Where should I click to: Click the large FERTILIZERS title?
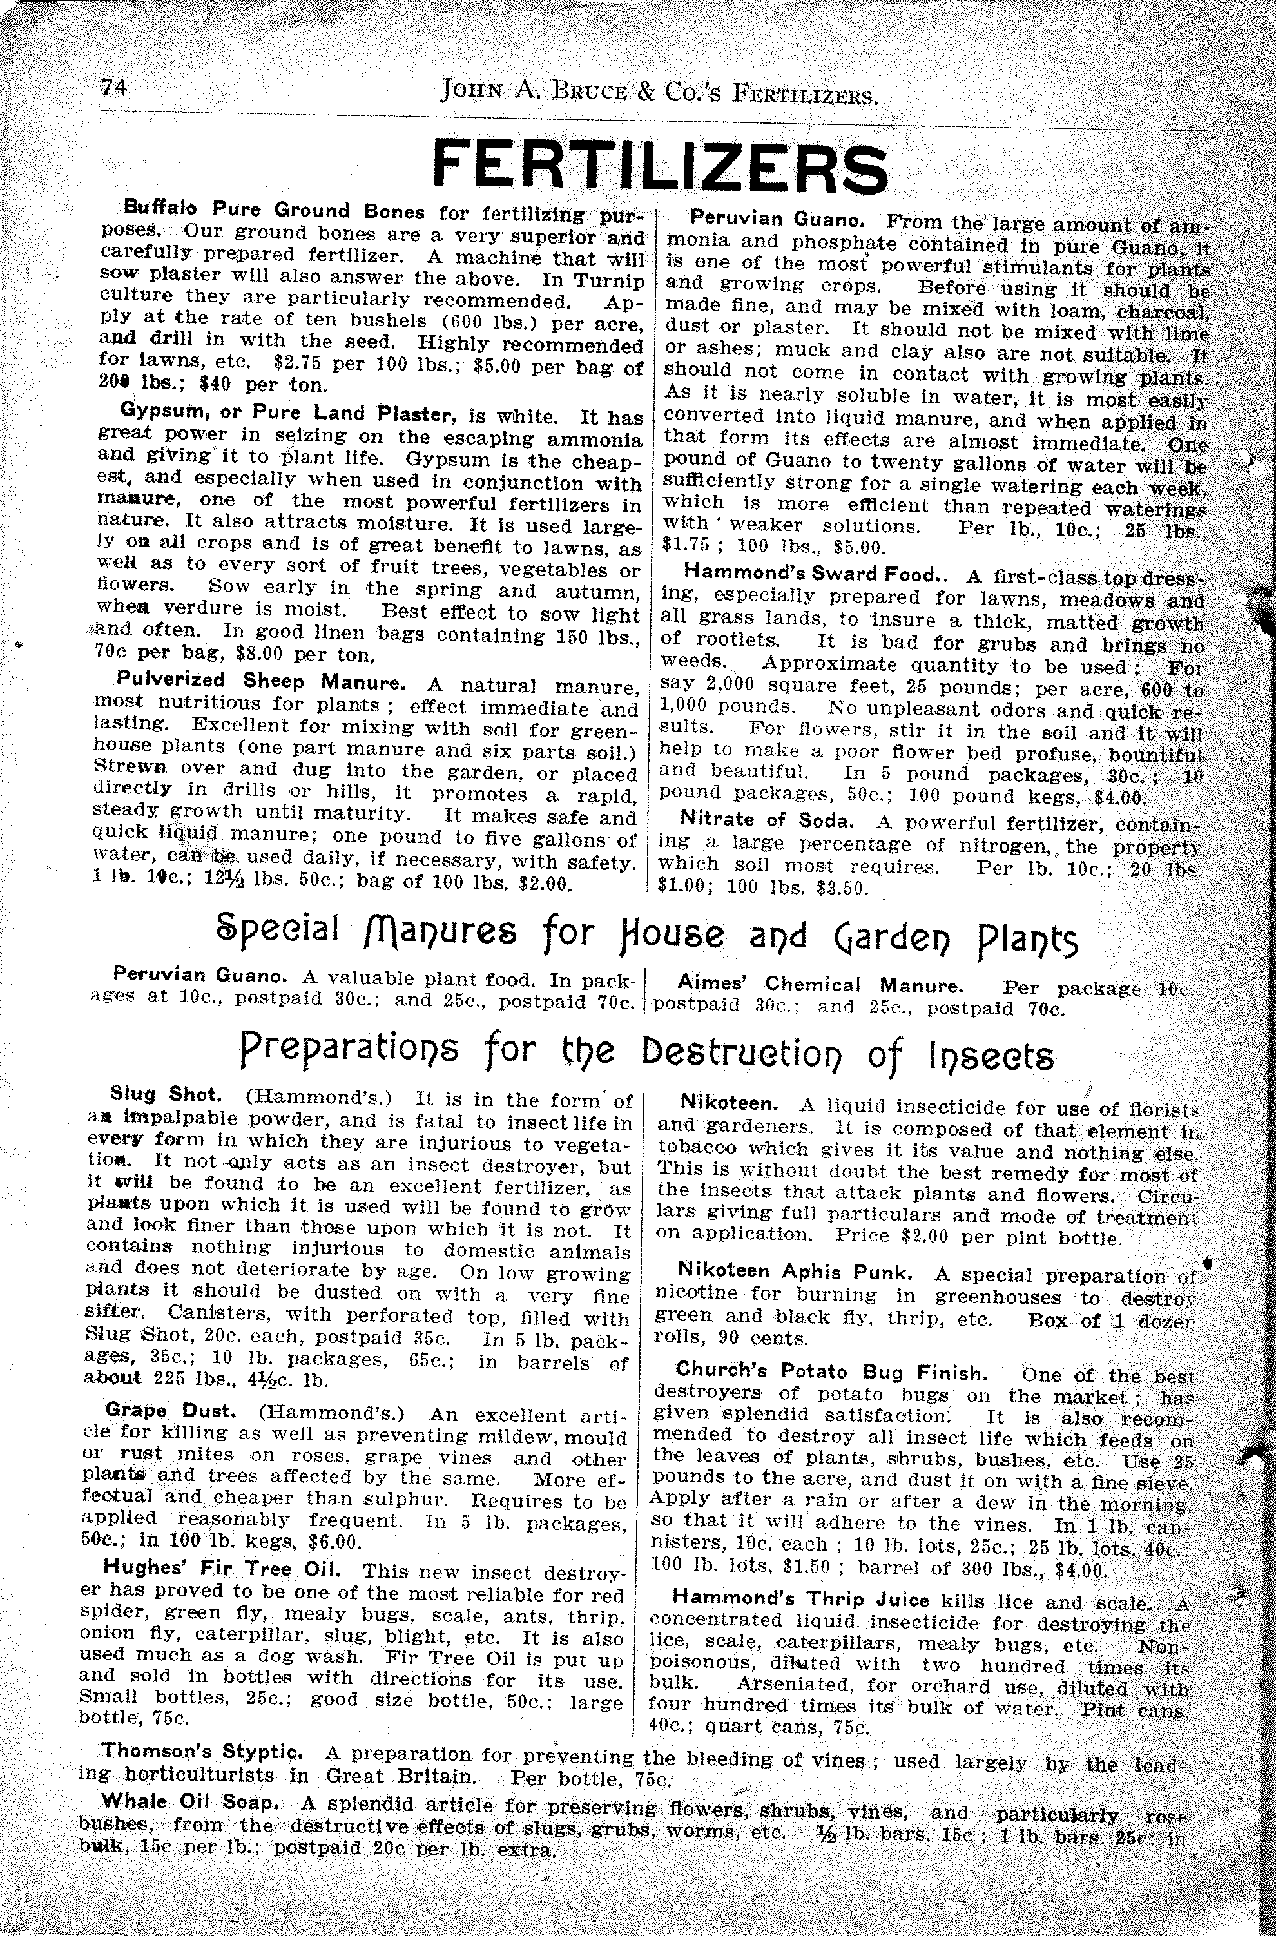(x=660, y=167)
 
